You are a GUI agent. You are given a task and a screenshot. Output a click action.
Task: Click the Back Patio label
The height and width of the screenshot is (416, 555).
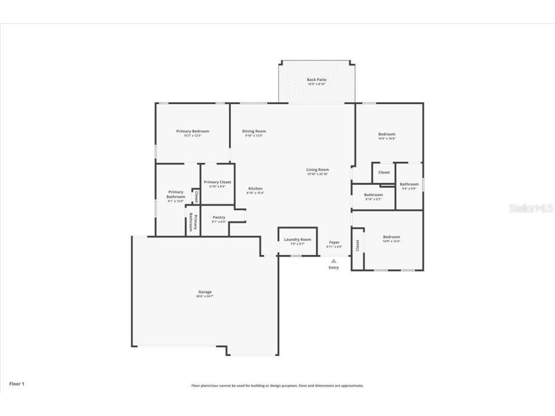pos(317,79)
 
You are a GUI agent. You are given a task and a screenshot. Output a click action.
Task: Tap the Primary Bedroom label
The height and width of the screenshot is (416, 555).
pos(192,131)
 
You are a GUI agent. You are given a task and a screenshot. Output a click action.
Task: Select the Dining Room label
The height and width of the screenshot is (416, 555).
pos(254,131)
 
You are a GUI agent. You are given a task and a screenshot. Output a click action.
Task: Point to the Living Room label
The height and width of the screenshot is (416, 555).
pos(317,169)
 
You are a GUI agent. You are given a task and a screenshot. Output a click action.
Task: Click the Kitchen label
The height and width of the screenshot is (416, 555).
pos(255,188)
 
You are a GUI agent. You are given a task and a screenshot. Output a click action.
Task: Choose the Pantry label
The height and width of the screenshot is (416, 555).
pos(219,217)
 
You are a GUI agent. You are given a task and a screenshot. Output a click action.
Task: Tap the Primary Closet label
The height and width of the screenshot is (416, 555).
pos(217,182)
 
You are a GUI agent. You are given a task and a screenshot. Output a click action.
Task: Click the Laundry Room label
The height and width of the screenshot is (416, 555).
pos(297,239)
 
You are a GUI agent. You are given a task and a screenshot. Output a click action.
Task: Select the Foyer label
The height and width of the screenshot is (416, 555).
pos(334,242)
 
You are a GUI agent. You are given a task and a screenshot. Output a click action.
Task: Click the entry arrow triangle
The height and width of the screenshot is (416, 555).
pos(334,260)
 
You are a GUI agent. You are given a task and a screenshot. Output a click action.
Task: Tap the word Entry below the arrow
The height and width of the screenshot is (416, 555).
pos(334,268)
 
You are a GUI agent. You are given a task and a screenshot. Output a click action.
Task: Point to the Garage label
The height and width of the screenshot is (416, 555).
pos(205,292)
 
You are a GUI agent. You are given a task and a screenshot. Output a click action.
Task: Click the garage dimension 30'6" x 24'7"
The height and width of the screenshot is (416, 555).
pos(205,297)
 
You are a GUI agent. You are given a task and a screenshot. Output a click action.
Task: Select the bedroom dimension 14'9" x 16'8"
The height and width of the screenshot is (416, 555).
pos(386,139)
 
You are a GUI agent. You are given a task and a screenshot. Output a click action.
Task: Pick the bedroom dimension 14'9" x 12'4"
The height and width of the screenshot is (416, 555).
pos(391,241)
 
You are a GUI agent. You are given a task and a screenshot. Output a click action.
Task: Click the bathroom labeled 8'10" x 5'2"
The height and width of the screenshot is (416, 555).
pos(373,197)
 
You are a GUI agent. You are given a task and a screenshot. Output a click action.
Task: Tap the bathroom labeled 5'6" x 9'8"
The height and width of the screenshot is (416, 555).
pos(409,186)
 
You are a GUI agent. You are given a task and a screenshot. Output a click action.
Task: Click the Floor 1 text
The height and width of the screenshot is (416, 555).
pos(16,384)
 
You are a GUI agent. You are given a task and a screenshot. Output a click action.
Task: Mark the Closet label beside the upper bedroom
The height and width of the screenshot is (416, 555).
pos(384,172)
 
